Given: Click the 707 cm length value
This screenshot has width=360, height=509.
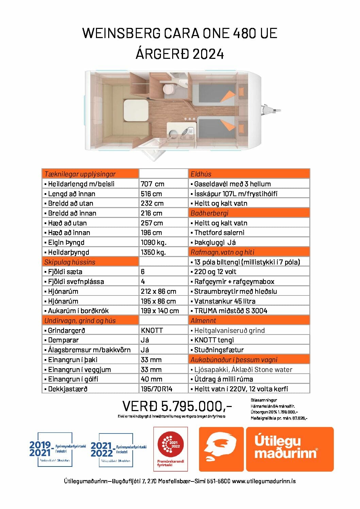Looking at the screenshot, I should click(152, 184).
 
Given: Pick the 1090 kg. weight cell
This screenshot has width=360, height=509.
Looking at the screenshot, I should click(153, 242).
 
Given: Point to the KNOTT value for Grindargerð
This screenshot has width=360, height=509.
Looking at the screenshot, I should click(152, 330).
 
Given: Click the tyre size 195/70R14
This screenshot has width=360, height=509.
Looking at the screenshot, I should click(157, 389).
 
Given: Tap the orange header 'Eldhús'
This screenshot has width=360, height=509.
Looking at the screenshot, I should click(201, 174).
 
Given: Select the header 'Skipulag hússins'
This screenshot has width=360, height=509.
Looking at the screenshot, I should click(70, 262).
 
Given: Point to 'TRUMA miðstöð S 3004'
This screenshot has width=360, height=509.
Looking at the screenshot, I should click(230, 311).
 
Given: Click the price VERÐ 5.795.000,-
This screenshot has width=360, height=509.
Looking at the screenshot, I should click(177, 406).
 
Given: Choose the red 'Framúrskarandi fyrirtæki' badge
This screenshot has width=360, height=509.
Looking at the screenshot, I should click(170, 449).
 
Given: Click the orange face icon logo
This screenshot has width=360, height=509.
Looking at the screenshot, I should click(221, 449).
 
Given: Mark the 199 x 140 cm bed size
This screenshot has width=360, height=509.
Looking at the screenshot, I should click(160, 311).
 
